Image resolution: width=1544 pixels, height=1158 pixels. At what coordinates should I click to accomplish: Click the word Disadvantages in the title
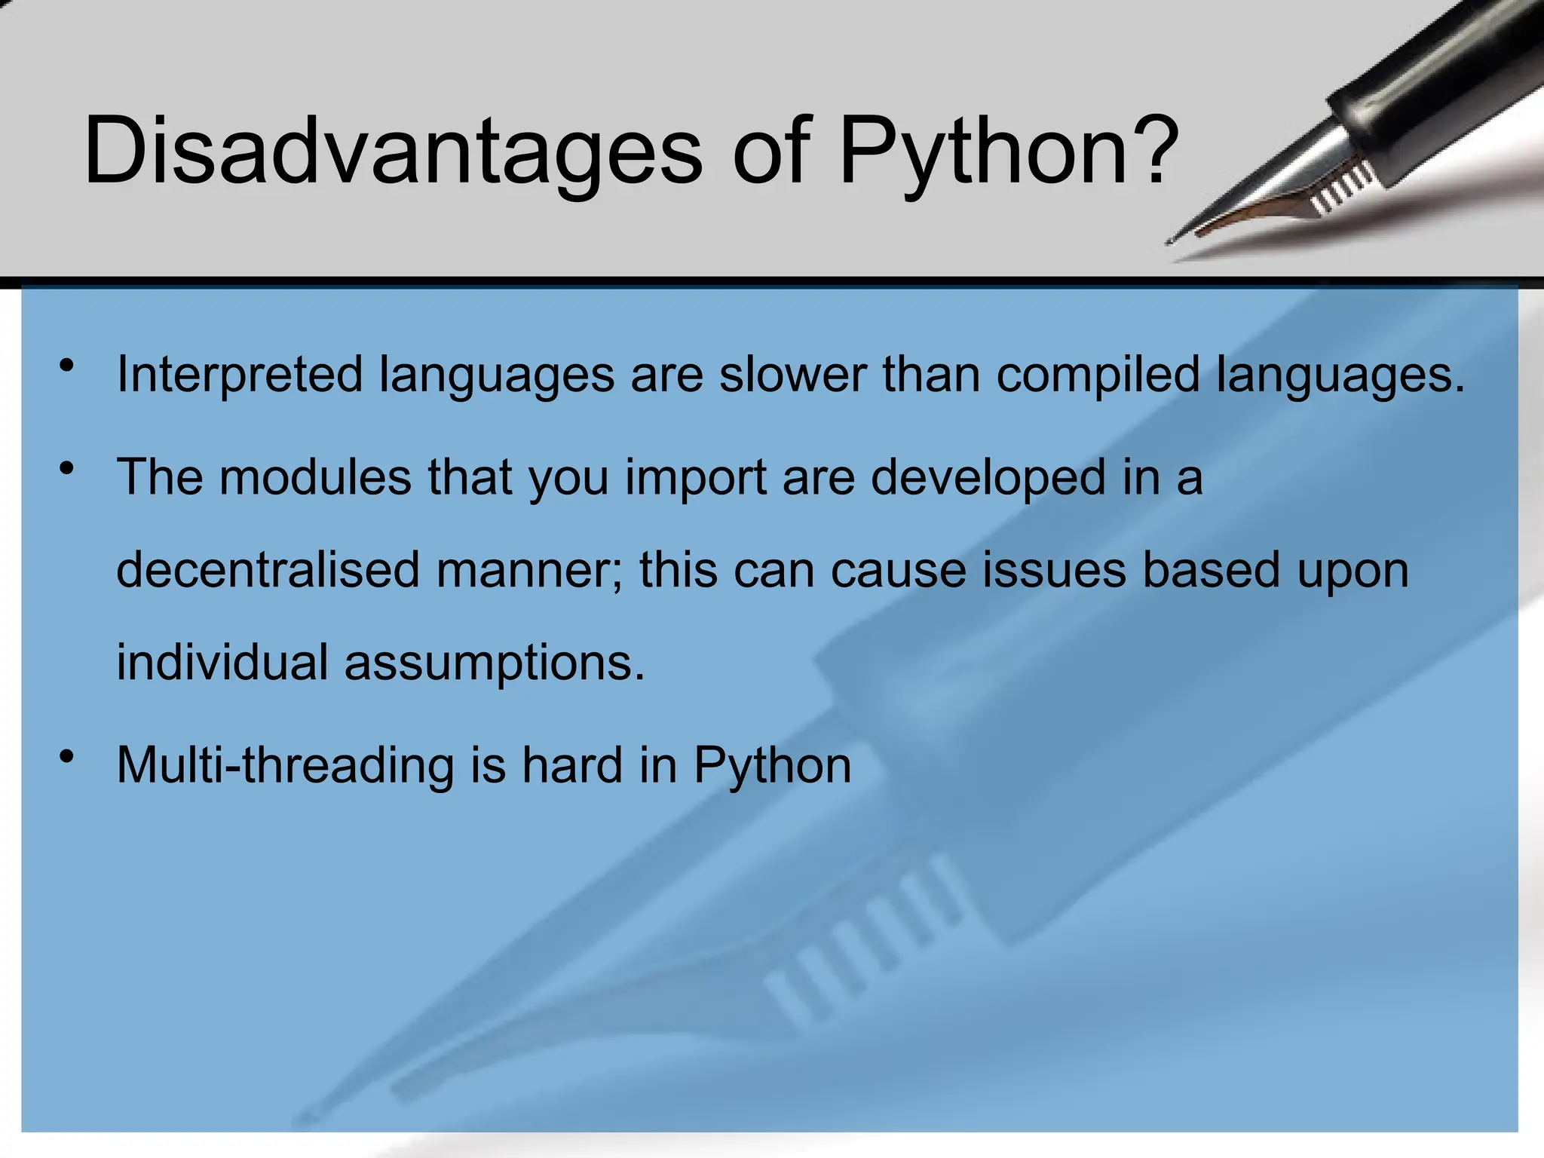pos(392,151)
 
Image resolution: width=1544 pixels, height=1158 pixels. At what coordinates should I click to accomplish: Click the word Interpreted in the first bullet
pos(239,375)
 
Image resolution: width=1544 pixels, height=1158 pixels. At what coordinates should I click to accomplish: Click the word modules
pos(315,476)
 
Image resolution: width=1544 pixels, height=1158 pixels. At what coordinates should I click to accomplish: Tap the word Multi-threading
pos(286,766)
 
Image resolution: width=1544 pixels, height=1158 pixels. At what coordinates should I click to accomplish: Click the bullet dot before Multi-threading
pos(67,755)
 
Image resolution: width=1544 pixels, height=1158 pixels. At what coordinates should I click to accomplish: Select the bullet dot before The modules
pos(67,468)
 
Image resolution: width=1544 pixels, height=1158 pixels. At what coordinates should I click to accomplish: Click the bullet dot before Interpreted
pos(67,366)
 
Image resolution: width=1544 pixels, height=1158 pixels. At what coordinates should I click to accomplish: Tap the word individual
pos(222,662)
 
